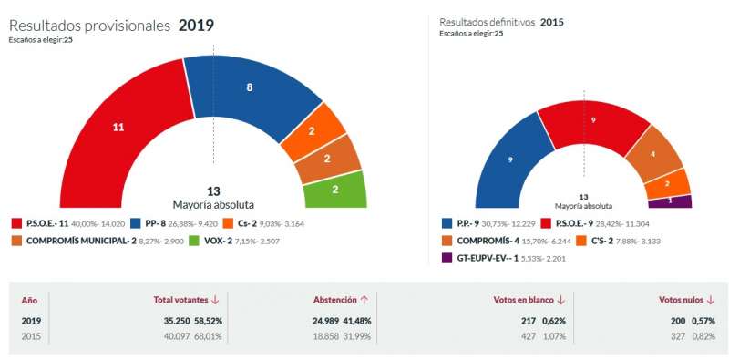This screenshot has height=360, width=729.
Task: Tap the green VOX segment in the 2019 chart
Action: [334, 190]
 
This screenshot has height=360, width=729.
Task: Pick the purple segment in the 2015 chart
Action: [671, 201]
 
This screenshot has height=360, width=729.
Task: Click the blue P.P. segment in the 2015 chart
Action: [510, 160]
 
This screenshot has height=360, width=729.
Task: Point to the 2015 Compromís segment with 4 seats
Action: [653, 153]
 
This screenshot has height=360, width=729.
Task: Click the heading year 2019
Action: [197, 26]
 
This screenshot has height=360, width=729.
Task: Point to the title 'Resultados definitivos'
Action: [488, 22]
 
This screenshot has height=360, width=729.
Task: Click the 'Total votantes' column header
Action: [180, 300]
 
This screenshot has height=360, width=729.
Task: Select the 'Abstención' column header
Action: [335, 300]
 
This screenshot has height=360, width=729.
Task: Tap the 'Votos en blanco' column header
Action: [523, 300]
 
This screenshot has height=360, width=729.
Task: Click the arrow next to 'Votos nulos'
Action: [710, 301]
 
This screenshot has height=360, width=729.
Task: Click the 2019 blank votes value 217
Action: [528, 321]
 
